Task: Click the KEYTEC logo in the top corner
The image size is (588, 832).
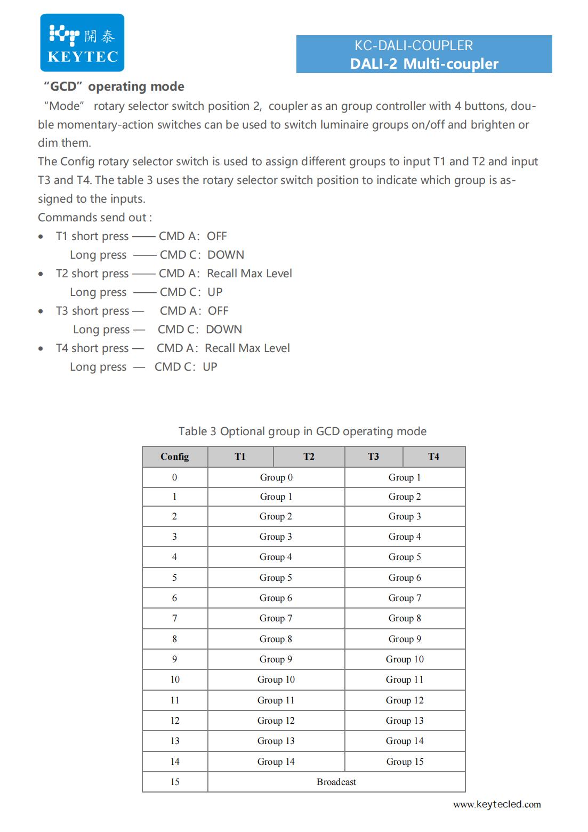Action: [82, 43]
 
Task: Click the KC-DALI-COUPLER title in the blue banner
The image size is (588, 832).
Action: [414, 46]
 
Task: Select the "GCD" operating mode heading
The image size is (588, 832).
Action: [114, 86]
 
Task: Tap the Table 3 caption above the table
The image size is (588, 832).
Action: [302, 431]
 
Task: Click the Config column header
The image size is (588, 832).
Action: [174, 457]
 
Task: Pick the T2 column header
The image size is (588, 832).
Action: [309, 457]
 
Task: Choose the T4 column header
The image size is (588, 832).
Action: [433, 457]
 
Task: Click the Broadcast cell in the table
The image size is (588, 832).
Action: [336, 782]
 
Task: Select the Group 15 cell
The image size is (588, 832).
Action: [405, 762]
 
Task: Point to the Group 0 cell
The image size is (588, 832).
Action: [276, 477]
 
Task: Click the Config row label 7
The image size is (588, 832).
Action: [174, 618]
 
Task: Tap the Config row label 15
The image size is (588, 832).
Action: [174, 782]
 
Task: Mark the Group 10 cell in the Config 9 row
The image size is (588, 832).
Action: [405, 659]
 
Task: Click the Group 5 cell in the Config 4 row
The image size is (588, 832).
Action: [405, 557]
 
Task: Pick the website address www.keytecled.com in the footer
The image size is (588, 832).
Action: [497, 804]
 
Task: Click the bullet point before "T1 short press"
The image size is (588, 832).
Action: [41, 236]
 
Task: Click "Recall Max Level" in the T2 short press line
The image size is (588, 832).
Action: [249, 274]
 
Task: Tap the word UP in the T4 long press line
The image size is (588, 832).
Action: [210, 367]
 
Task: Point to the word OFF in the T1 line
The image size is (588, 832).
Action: [217, 236]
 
